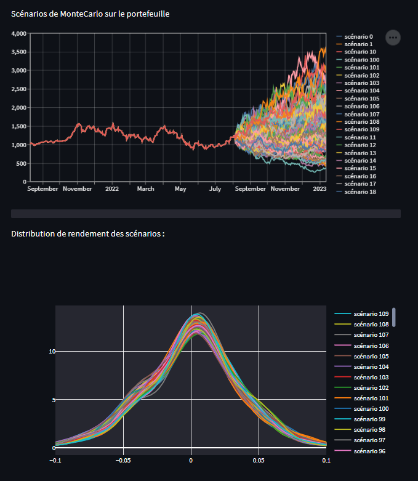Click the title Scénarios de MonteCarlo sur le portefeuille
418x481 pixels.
(90, 14)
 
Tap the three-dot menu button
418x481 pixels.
(393, 38)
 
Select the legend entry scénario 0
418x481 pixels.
(358, 36)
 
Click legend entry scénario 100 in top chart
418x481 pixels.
(361, 60)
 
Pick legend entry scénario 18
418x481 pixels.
(360, 192)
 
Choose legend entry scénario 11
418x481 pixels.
(360, 137)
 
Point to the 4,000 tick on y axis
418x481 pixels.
(18, 33)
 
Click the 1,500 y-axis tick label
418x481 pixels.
(18, 126)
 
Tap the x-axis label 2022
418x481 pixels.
(111, 189)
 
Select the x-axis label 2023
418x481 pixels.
(320, 189)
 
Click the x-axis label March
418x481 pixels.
(145, 189)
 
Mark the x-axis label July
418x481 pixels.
(215, 189)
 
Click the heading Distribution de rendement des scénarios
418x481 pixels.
(87, 234)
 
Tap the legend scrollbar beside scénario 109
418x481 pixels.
(394, 317)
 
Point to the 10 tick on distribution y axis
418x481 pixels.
(52, 352)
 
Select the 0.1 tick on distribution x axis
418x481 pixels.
(324, 459)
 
